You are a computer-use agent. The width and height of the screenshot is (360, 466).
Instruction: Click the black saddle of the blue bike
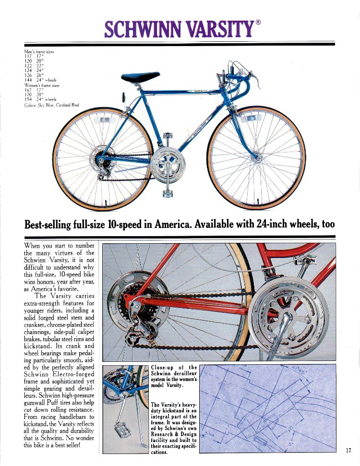point(141,77)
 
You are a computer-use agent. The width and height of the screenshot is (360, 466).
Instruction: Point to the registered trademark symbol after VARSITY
point(258,22)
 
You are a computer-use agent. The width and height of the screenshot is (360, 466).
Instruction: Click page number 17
point(349,450)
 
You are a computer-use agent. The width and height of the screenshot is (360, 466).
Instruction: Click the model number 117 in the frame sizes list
point(27,57)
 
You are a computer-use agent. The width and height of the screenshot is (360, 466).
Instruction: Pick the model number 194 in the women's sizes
point(27,100)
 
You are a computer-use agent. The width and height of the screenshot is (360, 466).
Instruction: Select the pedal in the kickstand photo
point(121,430)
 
